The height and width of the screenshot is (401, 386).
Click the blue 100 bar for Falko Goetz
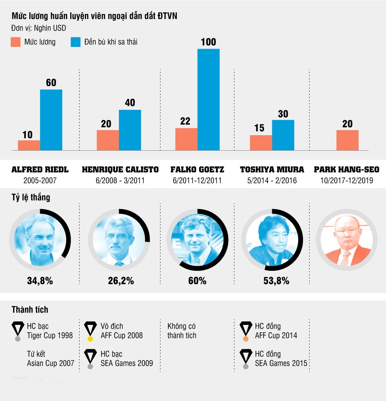point(208,99)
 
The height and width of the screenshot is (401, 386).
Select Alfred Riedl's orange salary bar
point(29,145)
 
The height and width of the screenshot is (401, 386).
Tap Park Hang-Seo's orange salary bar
point(347,140)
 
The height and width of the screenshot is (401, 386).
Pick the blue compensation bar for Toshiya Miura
point(283,135)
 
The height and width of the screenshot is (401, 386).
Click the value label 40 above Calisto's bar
point(130,103)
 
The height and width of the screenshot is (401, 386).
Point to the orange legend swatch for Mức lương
point(15,42)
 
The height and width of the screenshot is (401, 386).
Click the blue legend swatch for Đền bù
point(76,42)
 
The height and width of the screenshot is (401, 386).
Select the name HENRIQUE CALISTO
point(120,170)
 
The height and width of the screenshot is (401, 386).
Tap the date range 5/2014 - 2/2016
point(272,180)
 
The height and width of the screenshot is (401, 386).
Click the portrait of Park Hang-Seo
point(346,240)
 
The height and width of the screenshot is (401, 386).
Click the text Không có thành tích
point(182,331)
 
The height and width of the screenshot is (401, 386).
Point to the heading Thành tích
point(30,310)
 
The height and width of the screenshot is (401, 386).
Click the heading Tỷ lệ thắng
point(30,198)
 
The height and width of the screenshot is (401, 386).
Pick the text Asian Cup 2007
point(51,363)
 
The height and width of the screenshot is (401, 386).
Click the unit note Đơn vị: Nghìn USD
point(38,28)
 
